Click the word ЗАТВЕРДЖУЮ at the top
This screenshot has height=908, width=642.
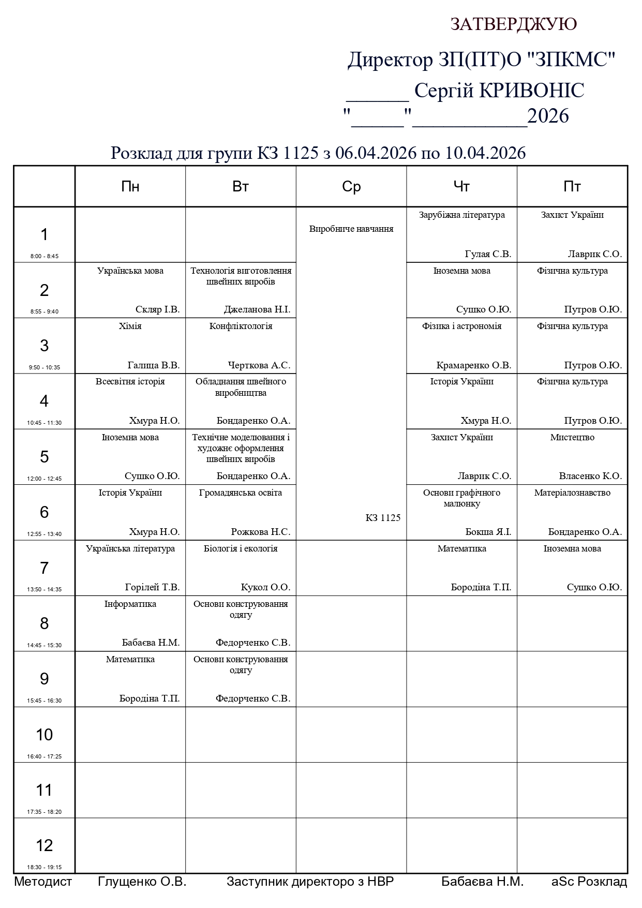click(513, 24)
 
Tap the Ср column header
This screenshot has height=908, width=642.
click(351, 187)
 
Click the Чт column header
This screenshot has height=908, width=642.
click(461, 187)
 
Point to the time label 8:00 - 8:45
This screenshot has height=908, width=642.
click(44, 256)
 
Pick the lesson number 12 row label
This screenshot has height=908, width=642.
click(44, 845)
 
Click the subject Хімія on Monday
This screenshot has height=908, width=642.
click(130, 326)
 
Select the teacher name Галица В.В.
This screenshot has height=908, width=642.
click(153, 365)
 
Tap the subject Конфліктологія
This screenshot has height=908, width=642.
click(241, 326)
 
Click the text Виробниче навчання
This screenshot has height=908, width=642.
click(351, 229)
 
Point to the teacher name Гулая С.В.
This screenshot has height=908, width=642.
click(488, 254)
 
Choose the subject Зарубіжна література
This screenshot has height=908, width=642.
click(461, 215)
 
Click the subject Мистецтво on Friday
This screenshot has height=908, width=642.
click(572, 438)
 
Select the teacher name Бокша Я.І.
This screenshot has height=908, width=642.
click(488, 532)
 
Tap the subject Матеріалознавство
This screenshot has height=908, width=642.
click(572, 493)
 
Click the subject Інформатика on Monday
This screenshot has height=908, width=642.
click(130, 604)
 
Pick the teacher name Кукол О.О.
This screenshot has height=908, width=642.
click(265, 588)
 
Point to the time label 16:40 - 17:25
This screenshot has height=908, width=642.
click(44, 756)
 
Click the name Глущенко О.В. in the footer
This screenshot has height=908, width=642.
click(142, 882)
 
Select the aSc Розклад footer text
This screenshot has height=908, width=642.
click(589, 882)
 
